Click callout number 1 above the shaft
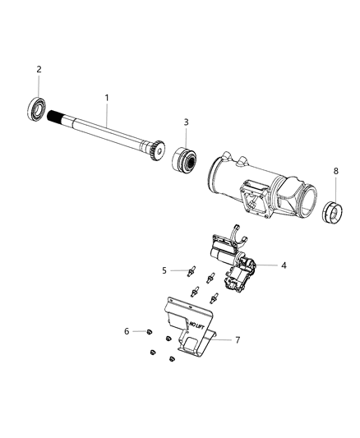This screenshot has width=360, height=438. pyautogui.click(x=106, y=98)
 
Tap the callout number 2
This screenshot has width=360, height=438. pyautogui.click(x=38, y=70)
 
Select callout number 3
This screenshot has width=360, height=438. pyautogui.click(x=186, y=122)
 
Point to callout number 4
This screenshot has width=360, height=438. pyautogui.click(x=261, y=265)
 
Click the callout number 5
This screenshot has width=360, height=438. pyautogui.click(x=164, y=269)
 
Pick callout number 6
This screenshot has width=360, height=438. pyautogui.click(x=127, y=330)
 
